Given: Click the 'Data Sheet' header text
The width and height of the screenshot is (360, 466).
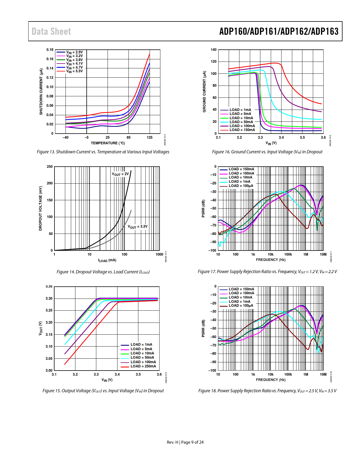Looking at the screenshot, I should pyautogui.click(x=51, y=31).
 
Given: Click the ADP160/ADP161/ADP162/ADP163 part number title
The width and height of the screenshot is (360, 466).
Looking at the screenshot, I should pyautogui.click(x=279, y=31).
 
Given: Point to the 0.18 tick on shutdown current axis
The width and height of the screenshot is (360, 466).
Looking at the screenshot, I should pyautogui.click(x=50, y=50).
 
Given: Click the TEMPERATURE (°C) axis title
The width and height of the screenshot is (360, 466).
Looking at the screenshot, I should pyautogui.click(x=108, y=143).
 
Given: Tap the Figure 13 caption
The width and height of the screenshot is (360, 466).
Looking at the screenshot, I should pyautogui.click(x=103, y=152).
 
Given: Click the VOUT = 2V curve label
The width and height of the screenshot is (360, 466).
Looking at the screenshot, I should pyautogui.click(x=120, y=174).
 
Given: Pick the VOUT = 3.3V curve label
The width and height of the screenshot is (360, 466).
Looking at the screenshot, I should pyautogui.click(x=138, y=227).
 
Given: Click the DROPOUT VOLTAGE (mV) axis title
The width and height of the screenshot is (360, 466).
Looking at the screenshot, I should pyautogui.click(x=40, y=208).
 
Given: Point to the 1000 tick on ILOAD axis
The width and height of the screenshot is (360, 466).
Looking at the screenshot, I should pyautogui.click(x=159, y=254).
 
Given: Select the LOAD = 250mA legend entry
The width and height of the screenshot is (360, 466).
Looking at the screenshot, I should pyautogui.click(x=143, y=366).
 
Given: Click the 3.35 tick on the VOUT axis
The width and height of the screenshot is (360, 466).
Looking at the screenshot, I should pyautogui.click(x=49, y=287).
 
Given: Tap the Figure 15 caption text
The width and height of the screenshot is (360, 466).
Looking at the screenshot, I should pyautogui.click(x=103, y=391).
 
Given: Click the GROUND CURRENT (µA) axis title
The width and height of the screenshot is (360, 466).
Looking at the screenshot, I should pyautogui.click(x=204, y=92).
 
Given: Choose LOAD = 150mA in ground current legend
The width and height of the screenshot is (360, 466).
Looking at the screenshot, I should pyautogui.click(x=242, y=130).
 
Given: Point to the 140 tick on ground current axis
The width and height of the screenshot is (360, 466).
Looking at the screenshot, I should pyautogui.click(x=214, y=50).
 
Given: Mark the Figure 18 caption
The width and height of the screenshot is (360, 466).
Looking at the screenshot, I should pyautogui.click(x=267, y=391).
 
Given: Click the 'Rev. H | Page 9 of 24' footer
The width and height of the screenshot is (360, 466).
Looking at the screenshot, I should pyautogui.click(x=185, y=442).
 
